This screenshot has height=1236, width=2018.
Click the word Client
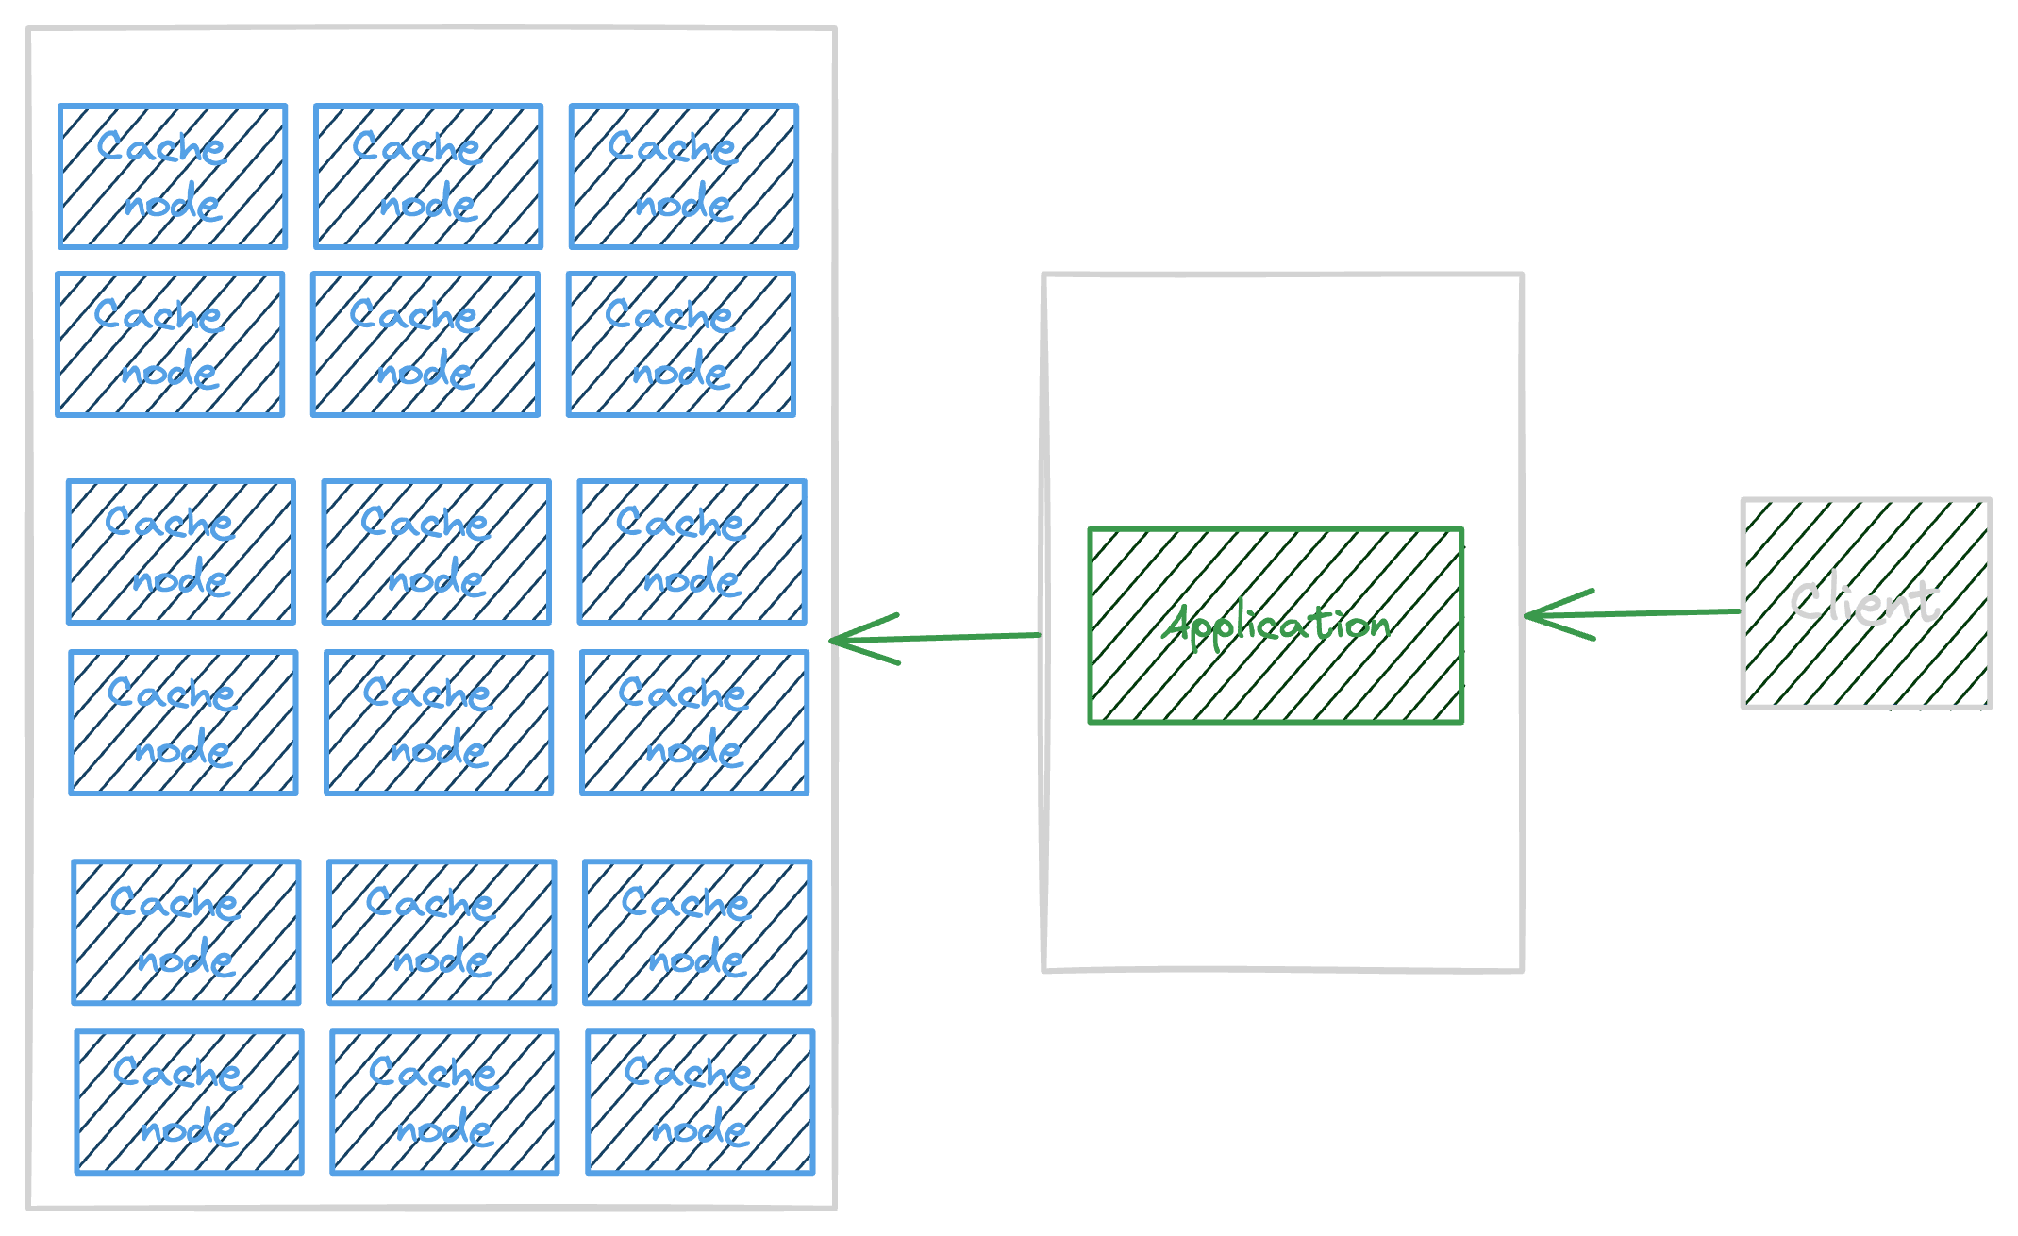click(1865, 600)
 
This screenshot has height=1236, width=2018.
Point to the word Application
click(1276, 625)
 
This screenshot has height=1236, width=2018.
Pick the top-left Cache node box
click(173, 176)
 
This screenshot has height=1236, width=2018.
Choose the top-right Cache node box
click(683, 176)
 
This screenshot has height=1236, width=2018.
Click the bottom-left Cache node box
click(189, 1101)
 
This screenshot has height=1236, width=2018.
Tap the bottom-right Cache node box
click(699, 1101)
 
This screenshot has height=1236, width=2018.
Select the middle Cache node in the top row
click(428, 176)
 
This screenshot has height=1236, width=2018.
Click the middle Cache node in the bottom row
click(444, 1101)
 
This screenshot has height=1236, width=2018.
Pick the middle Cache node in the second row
click(425, 344)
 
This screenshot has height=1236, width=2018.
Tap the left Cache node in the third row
click(180, 552)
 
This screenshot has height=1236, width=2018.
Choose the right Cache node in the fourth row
click(694, 722)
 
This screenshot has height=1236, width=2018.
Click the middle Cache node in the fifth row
click(442, 931)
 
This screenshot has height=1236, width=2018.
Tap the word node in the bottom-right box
click(699, 1128)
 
